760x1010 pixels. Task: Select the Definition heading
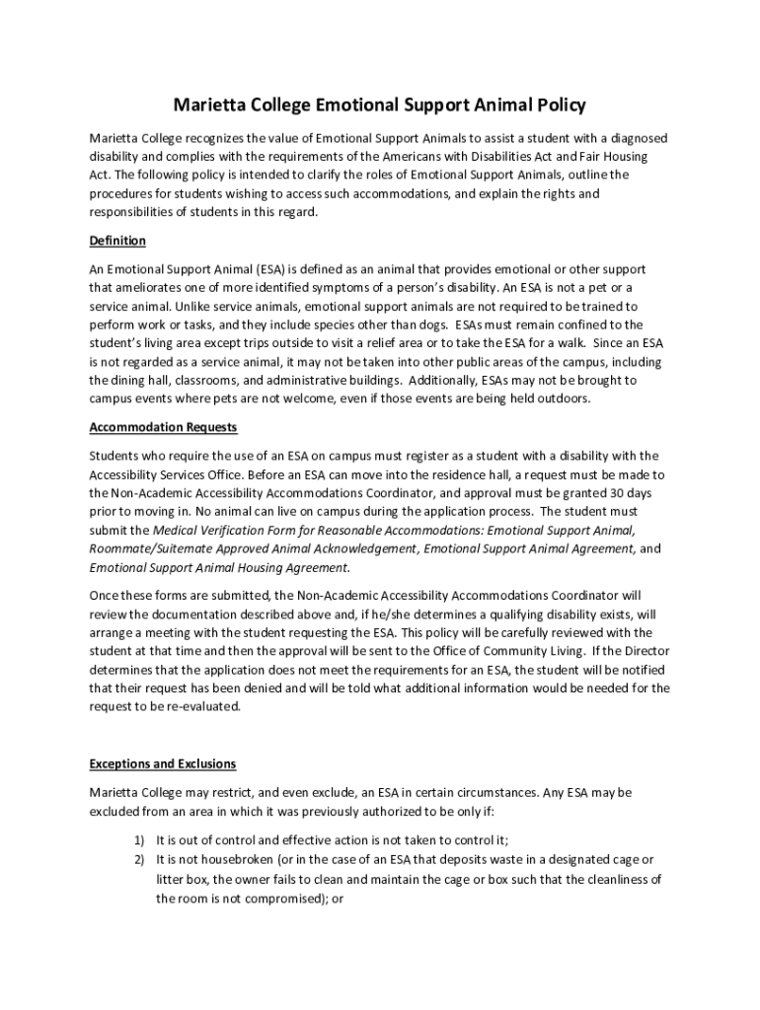pyautogui.click(x=117, y=241)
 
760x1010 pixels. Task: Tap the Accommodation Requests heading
pyautogui.click(x=163, y=427)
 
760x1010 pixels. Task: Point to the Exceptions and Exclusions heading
pyautogui.click(x=163, y=763)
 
